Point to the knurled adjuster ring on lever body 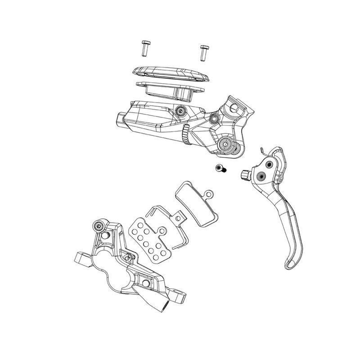(185, 135)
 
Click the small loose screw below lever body (220, 169)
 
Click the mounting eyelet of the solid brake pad (208, 194)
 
